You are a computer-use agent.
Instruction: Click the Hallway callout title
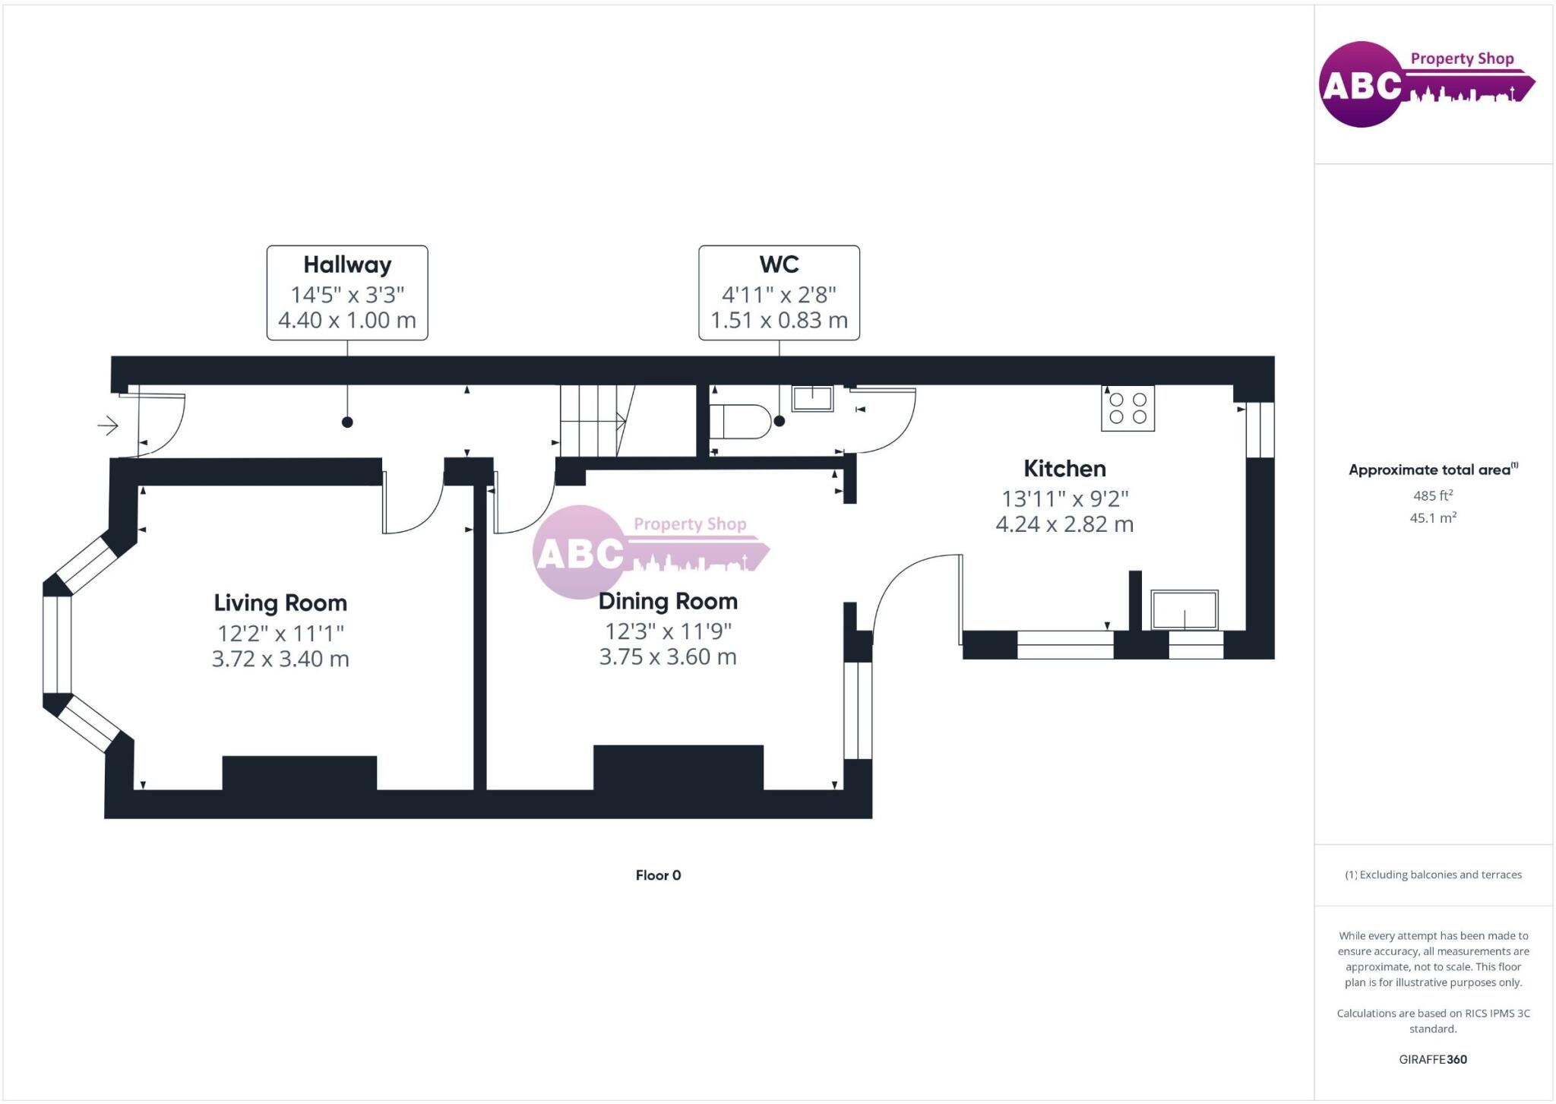(347, 264)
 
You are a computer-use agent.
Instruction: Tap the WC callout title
(779, 264)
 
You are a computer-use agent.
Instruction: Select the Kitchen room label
(1064, 468)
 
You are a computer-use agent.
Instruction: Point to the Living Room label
(280, 603)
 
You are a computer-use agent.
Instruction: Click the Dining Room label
(668, 601)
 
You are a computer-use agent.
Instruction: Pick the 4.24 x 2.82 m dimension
(1064, 524)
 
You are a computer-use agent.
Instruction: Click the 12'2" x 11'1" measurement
(280, 633)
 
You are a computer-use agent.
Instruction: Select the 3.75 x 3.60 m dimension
(668, 656)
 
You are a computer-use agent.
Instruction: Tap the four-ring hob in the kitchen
(1127, 409)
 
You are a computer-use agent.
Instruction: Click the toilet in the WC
(739, 422)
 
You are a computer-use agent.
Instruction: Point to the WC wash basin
(812, 398)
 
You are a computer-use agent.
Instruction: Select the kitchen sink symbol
(1184, 609)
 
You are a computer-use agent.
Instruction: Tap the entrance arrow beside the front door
(108, 425)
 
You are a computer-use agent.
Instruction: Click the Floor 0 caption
(658, 875)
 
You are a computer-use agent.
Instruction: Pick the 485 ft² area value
(1433, 495)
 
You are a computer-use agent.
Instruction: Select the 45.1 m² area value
(1433, 518)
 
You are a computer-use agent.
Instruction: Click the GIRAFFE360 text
(1433, 1059)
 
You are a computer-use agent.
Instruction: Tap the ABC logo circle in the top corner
(1361, 84)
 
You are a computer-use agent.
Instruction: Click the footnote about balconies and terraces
(1433, 875)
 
